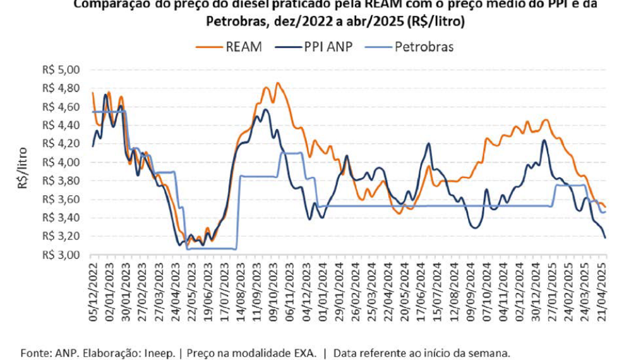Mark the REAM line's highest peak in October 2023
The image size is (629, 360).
tap(278, 83)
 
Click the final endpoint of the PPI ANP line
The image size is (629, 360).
tap(605, 237)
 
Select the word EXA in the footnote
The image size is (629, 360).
tap(303, 352)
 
